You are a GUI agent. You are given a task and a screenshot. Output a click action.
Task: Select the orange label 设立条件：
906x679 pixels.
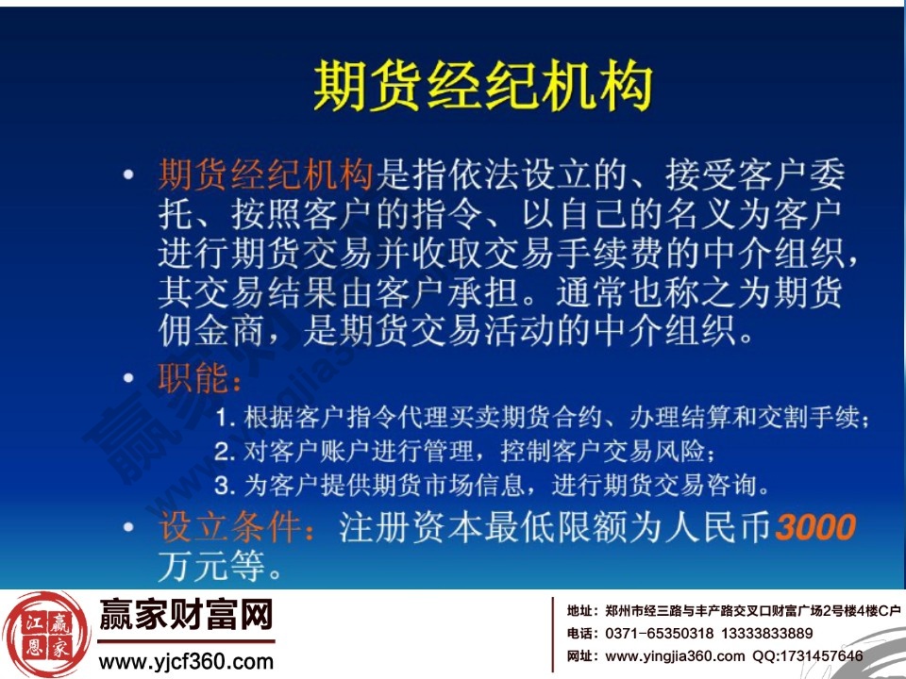[x=240, y=525]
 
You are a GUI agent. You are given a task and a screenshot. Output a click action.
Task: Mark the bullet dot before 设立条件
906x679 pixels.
[x=129, y=525]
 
